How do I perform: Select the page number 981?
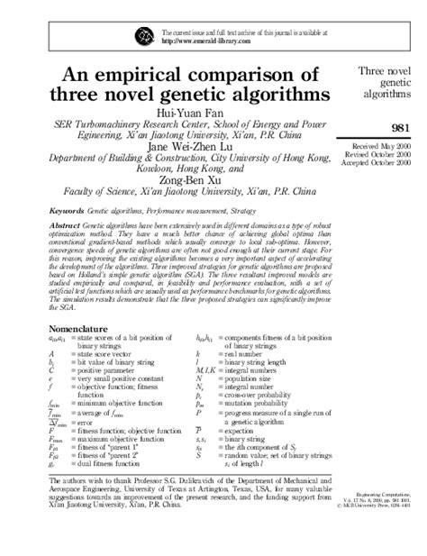(x=403, y=130)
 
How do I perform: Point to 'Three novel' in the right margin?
(x=386, y=68)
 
